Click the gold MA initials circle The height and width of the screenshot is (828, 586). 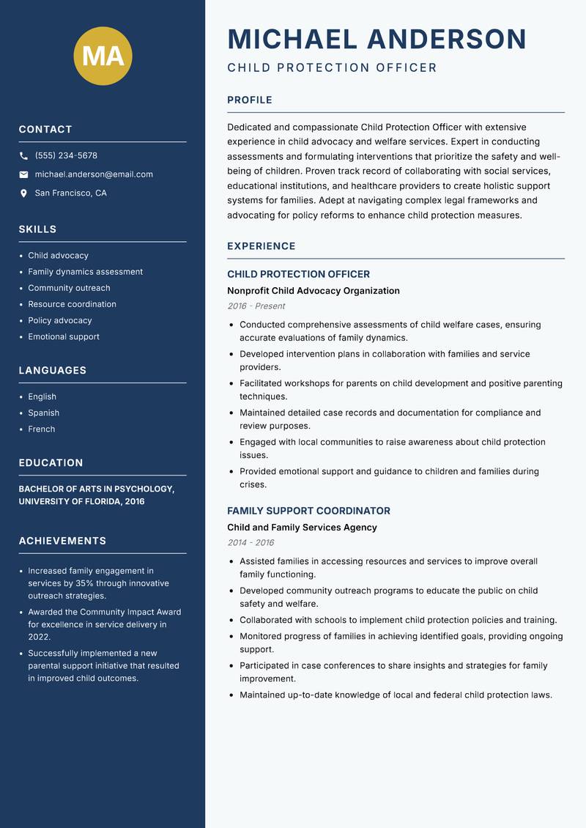pyautogui.click(x=103, y=56)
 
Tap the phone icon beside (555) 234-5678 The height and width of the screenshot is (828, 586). pyautogui.click(x=23, y=156)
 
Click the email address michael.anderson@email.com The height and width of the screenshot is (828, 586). pyautogui.click(x=94, y=174)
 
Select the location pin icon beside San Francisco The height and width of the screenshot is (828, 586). pyautogui.click(x=23, y=193)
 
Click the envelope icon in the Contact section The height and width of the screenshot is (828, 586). pyautogui.click(x=23, y=174)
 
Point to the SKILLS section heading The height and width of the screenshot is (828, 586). pyautogui.click(x=37, y=229)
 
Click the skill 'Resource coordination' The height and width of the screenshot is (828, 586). pyautogui.click(x=72, y=304)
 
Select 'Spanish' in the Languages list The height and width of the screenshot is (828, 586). pyautogui.click(x=43, y=413)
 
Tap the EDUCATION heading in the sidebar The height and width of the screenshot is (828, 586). pyautogui.click(x=51, y=463)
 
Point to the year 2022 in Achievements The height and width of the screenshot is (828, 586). pyautogui.click(x=40, y=637)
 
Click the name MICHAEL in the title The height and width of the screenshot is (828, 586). pyautogui.click(x=292, y=39)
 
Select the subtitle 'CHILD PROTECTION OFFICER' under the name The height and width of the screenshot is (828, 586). pyautogui.click(x=332, y=68)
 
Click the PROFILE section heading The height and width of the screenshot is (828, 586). pyautogui.click(x=249, y=100)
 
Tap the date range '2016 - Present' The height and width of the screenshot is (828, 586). pyautogui.click(x=256, y=306)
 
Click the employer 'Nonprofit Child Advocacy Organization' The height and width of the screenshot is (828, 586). pyautogui.click(x=313, y=291)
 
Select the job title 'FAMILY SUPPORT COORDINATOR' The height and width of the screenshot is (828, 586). pyautogui.click(x=308, y=511)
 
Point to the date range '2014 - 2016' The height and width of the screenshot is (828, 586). pyautogui.click(x=250, y=543)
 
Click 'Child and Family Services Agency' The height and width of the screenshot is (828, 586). pyautogui.click(x=302, y=528)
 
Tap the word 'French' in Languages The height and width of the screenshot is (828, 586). pyautogui.click(x=41, y=429)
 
